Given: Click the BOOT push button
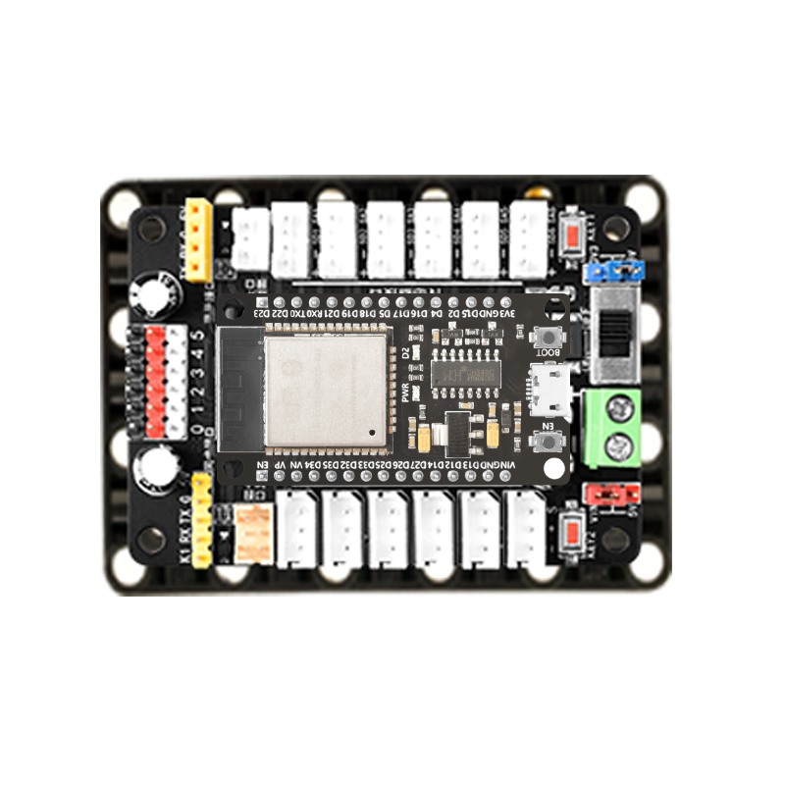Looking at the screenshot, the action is [x=547, y=337].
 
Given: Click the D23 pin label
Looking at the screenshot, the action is [x=262, y=312].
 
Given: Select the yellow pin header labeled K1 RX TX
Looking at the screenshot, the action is [x=202, y=520].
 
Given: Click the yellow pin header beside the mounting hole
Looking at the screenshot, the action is [x=199, y=239].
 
